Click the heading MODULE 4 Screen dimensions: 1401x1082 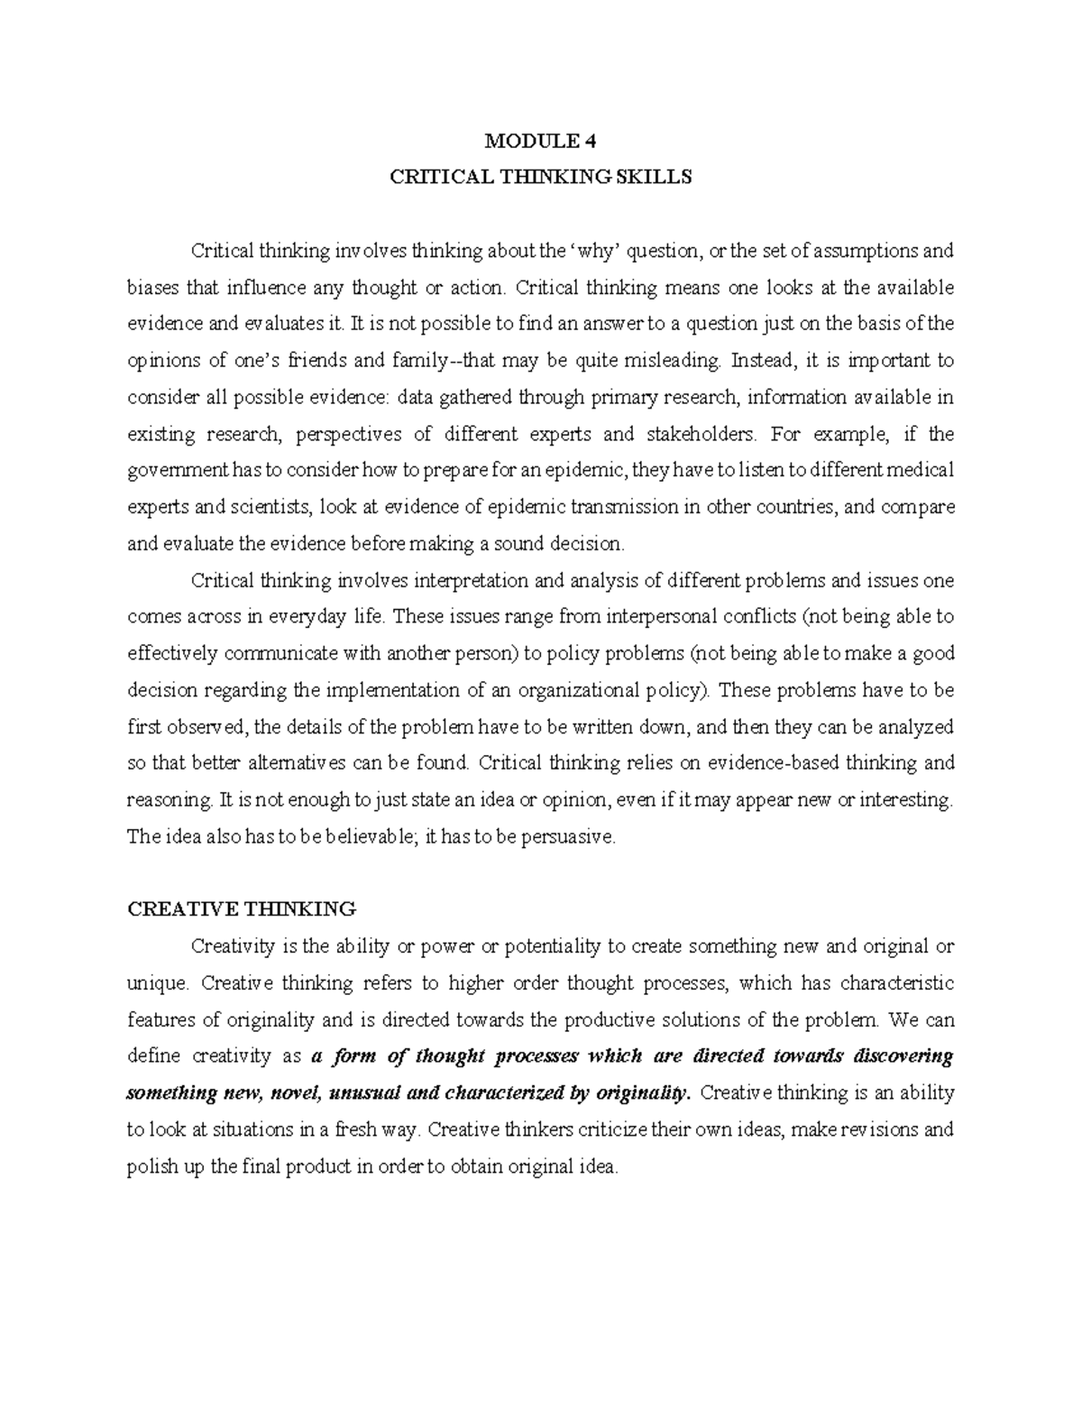coord(540,141)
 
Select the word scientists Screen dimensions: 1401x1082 coord(270,507)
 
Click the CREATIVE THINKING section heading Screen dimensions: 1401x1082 coord(243,908)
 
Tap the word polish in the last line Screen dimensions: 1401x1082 coord(151,1166)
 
